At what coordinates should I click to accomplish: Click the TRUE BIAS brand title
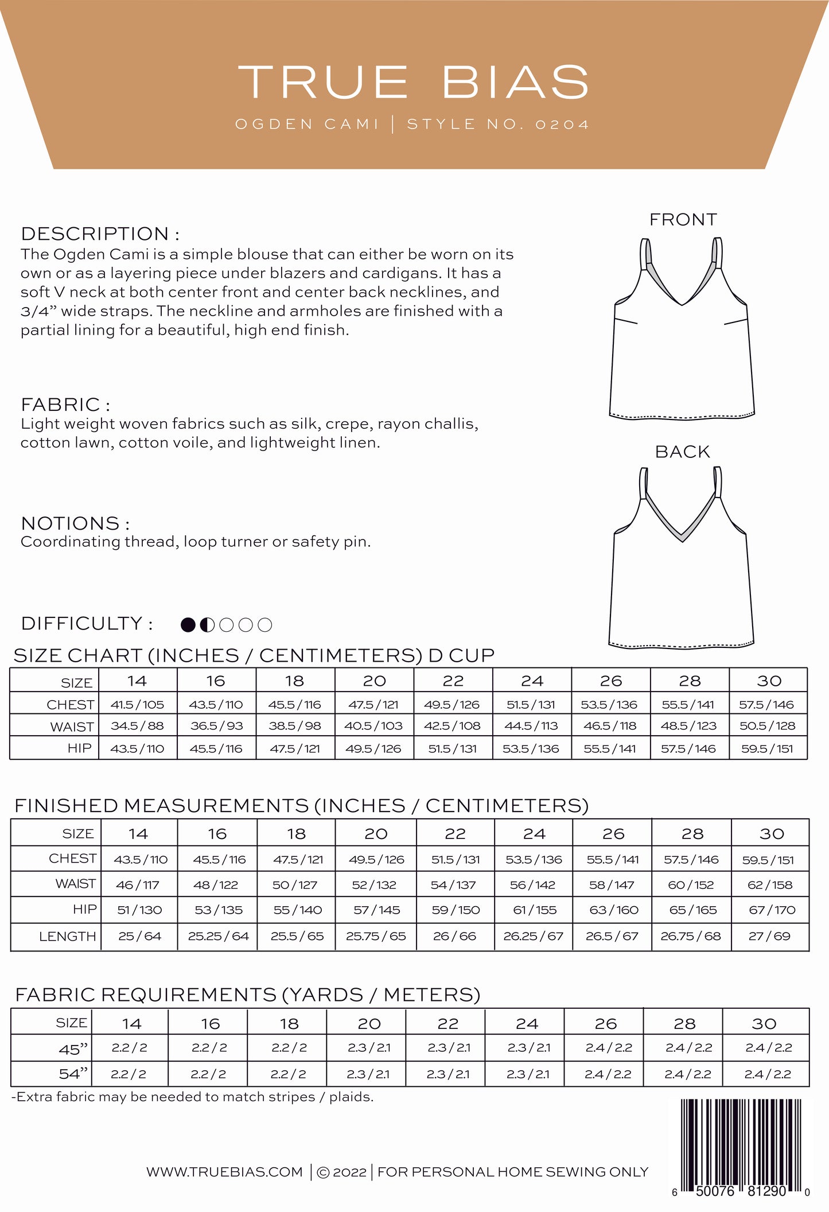click(x=414, y=82)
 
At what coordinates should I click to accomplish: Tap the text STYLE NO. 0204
click(x=498, y=125)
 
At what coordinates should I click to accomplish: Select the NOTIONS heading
click(x=75, y=523)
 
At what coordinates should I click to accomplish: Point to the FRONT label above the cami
click(x=683, y=220)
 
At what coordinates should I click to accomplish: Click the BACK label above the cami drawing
click(x=682, y=452)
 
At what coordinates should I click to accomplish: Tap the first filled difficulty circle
click(x=188, y=625)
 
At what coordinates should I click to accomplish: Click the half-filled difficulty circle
click(x=207, y=625)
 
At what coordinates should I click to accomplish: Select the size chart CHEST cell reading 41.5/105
click(x=138, y=704)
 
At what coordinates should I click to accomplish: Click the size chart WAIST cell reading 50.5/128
click(x=768, y=726)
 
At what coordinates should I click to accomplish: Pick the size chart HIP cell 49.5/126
click(x=373, y=748)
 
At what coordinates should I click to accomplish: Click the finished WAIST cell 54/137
click(x=453, y=885)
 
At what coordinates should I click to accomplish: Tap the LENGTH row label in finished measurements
click(x=68, y=937)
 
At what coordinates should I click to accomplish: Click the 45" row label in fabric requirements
click(x=73, y=1049)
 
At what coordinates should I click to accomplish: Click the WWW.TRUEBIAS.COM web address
click(x=224, y=1172)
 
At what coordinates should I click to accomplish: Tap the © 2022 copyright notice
click(x=341, y=1172)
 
